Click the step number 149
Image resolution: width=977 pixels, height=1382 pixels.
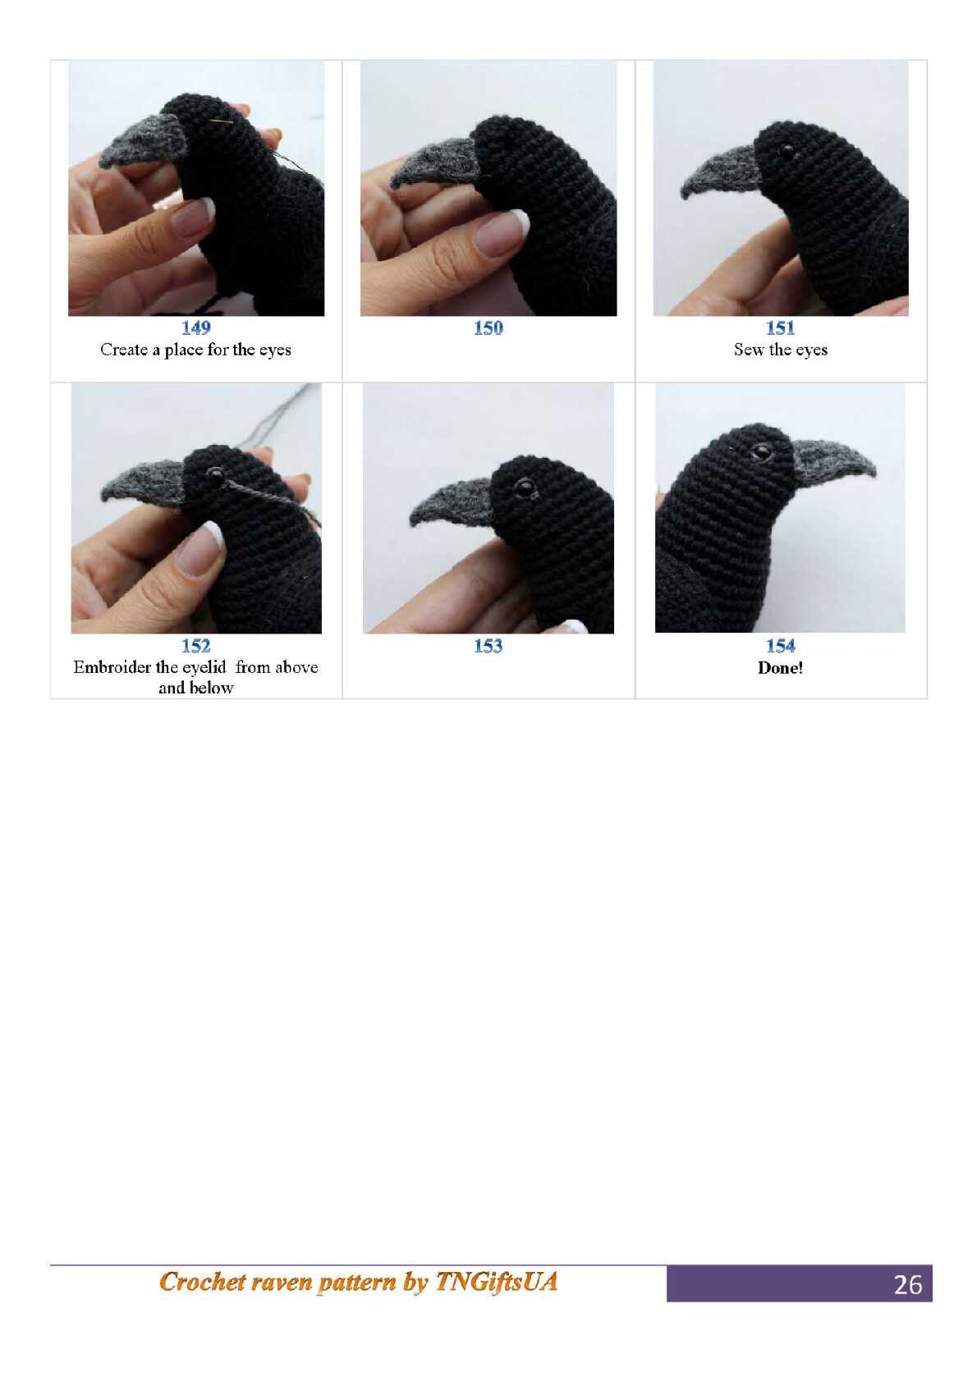(195, 327)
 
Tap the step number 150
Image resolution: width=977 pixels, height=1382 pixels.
(488, 327)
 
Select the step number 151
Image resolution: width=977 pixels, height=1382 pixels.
(780, 327)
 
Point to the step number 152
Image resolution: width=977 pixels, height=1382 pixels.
(195, 646)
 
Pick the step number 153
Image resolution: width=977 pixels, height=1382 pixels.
(488, 646)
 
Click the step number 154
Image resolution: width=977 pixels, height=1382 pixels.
(780, 646)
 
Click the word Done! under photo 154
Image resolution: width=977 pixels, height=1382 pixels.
(780, 667)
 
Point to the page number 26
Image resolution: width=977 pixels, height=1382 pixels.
(907, 1284)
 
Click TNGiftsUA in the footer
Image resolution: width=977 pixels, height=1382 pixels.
(496, 1281)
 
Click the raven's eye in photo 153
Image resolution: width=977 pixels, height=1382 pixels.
(525, 487)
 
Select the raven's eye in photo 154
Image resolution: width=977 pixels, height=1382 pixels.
(762, 452)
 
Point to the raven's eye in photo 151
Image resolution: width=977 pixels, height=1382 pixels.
(787, 149)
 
